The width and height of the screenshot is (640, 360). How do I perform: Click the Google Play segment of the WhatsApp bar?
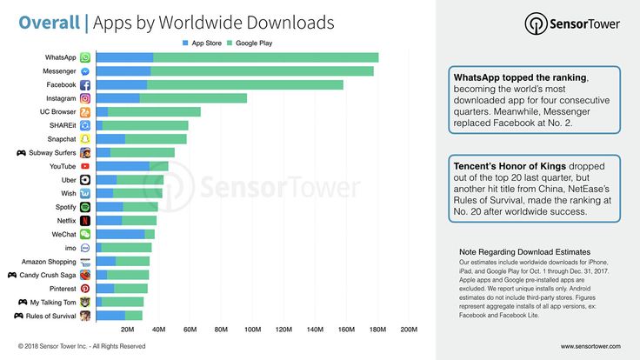(265, 57)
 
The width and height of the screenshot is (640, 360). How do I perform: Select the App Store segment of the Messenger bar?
(123, 71)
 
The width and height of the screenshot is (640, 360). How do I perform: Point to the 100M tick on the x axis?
(252, 330)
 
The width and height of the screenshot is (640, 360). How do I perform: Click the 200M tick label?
(409, 330)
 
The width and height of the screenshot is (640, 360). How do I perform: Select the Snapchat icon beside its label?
(85, 139)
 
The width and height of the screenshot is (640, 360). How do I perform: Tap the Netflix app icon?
(85, 221)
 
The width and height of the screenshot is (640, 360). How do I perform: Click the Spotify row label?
(64, 207)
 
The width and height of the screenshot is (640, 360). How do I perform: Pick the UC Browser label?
(58, 112)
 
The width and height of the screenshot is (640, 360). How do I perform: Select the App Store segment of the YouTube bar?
(123, 166)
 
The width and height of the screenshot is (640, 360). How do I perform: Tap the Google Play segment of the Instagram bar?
(193, 98)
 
